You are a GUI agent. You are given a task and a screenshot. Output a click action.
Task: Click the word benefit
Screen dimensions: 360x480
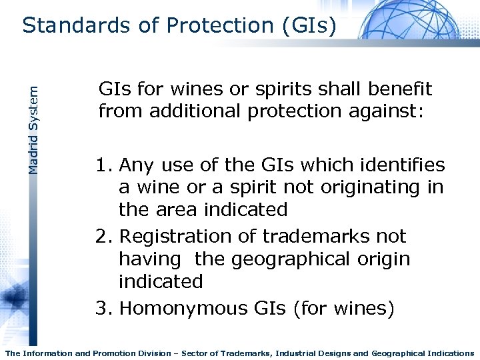[x=400, y=89]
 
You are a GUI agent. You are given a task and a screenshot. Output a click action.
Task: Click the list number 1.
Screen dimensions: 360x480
[x=104, y=165]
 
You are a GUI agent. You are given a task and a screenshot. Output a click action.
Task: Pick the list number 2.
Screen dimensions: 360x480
[x=104, y=237]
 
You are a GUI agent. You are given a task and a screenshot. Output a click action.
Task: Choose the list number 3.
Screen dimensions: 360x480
[x=104, y=309]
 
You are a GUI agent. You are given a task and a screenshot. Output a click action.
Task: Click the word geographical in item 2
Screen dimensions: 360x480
[x=293, y=259]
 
